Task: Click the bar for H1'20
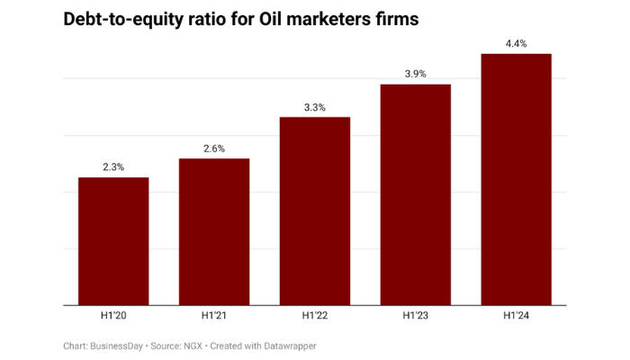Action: point(113,241)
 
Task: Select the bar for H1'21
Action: point(214,231)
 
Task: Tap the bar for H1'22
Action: point(315,211)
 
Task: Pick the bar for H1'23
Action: point(416,194)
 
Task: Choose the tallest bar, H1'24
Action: point(517,179)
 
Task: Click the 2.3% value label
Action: point(113,166)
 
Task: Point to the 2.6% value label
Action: point(214,148)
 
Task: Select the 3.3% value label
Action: point(315,106)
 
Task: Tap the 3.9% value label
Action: point(416,73)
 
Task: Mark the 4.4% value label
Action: point(517,42)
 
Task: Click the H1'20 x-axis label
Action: point(113,317)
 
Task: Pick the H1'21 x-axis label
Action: point(214,317)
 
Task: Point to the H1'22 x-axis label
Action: point(315,317)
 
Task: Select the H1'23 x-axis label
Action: point(416,317)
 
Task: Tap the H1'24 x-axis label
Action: point(517,317)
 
